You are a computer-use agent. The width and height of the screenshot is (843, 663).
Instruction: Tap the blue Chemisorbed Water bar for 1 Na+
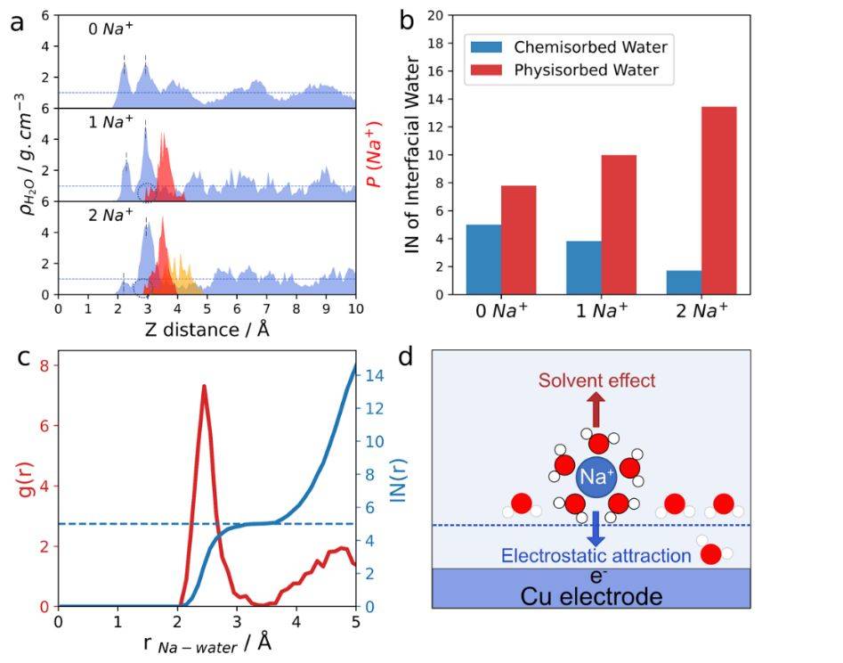tap(583, 267)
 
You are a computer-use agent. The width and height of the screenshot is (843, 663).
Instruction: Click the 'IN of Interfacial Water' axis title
tap(412, 155)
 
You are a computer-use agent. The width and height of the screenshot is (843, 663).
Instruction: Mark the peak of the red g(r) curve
tap(204, 387)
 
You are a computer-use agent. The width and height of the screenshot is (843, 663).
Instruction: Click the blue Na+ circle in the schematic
tap(596, 478)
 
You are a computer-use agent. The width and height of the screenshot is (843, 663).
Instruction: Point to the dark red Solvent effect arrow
tap(596, 411)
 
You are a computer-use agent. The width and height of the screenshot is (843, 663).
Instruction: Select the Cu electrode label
tap(595, 595)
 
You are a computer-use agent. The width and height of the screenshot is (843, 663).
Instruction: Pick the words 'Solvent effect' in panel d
tap(596, 381)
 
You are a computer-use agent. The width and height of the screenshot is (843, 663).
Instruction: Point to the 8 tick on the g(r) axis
tap(42, 364)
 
